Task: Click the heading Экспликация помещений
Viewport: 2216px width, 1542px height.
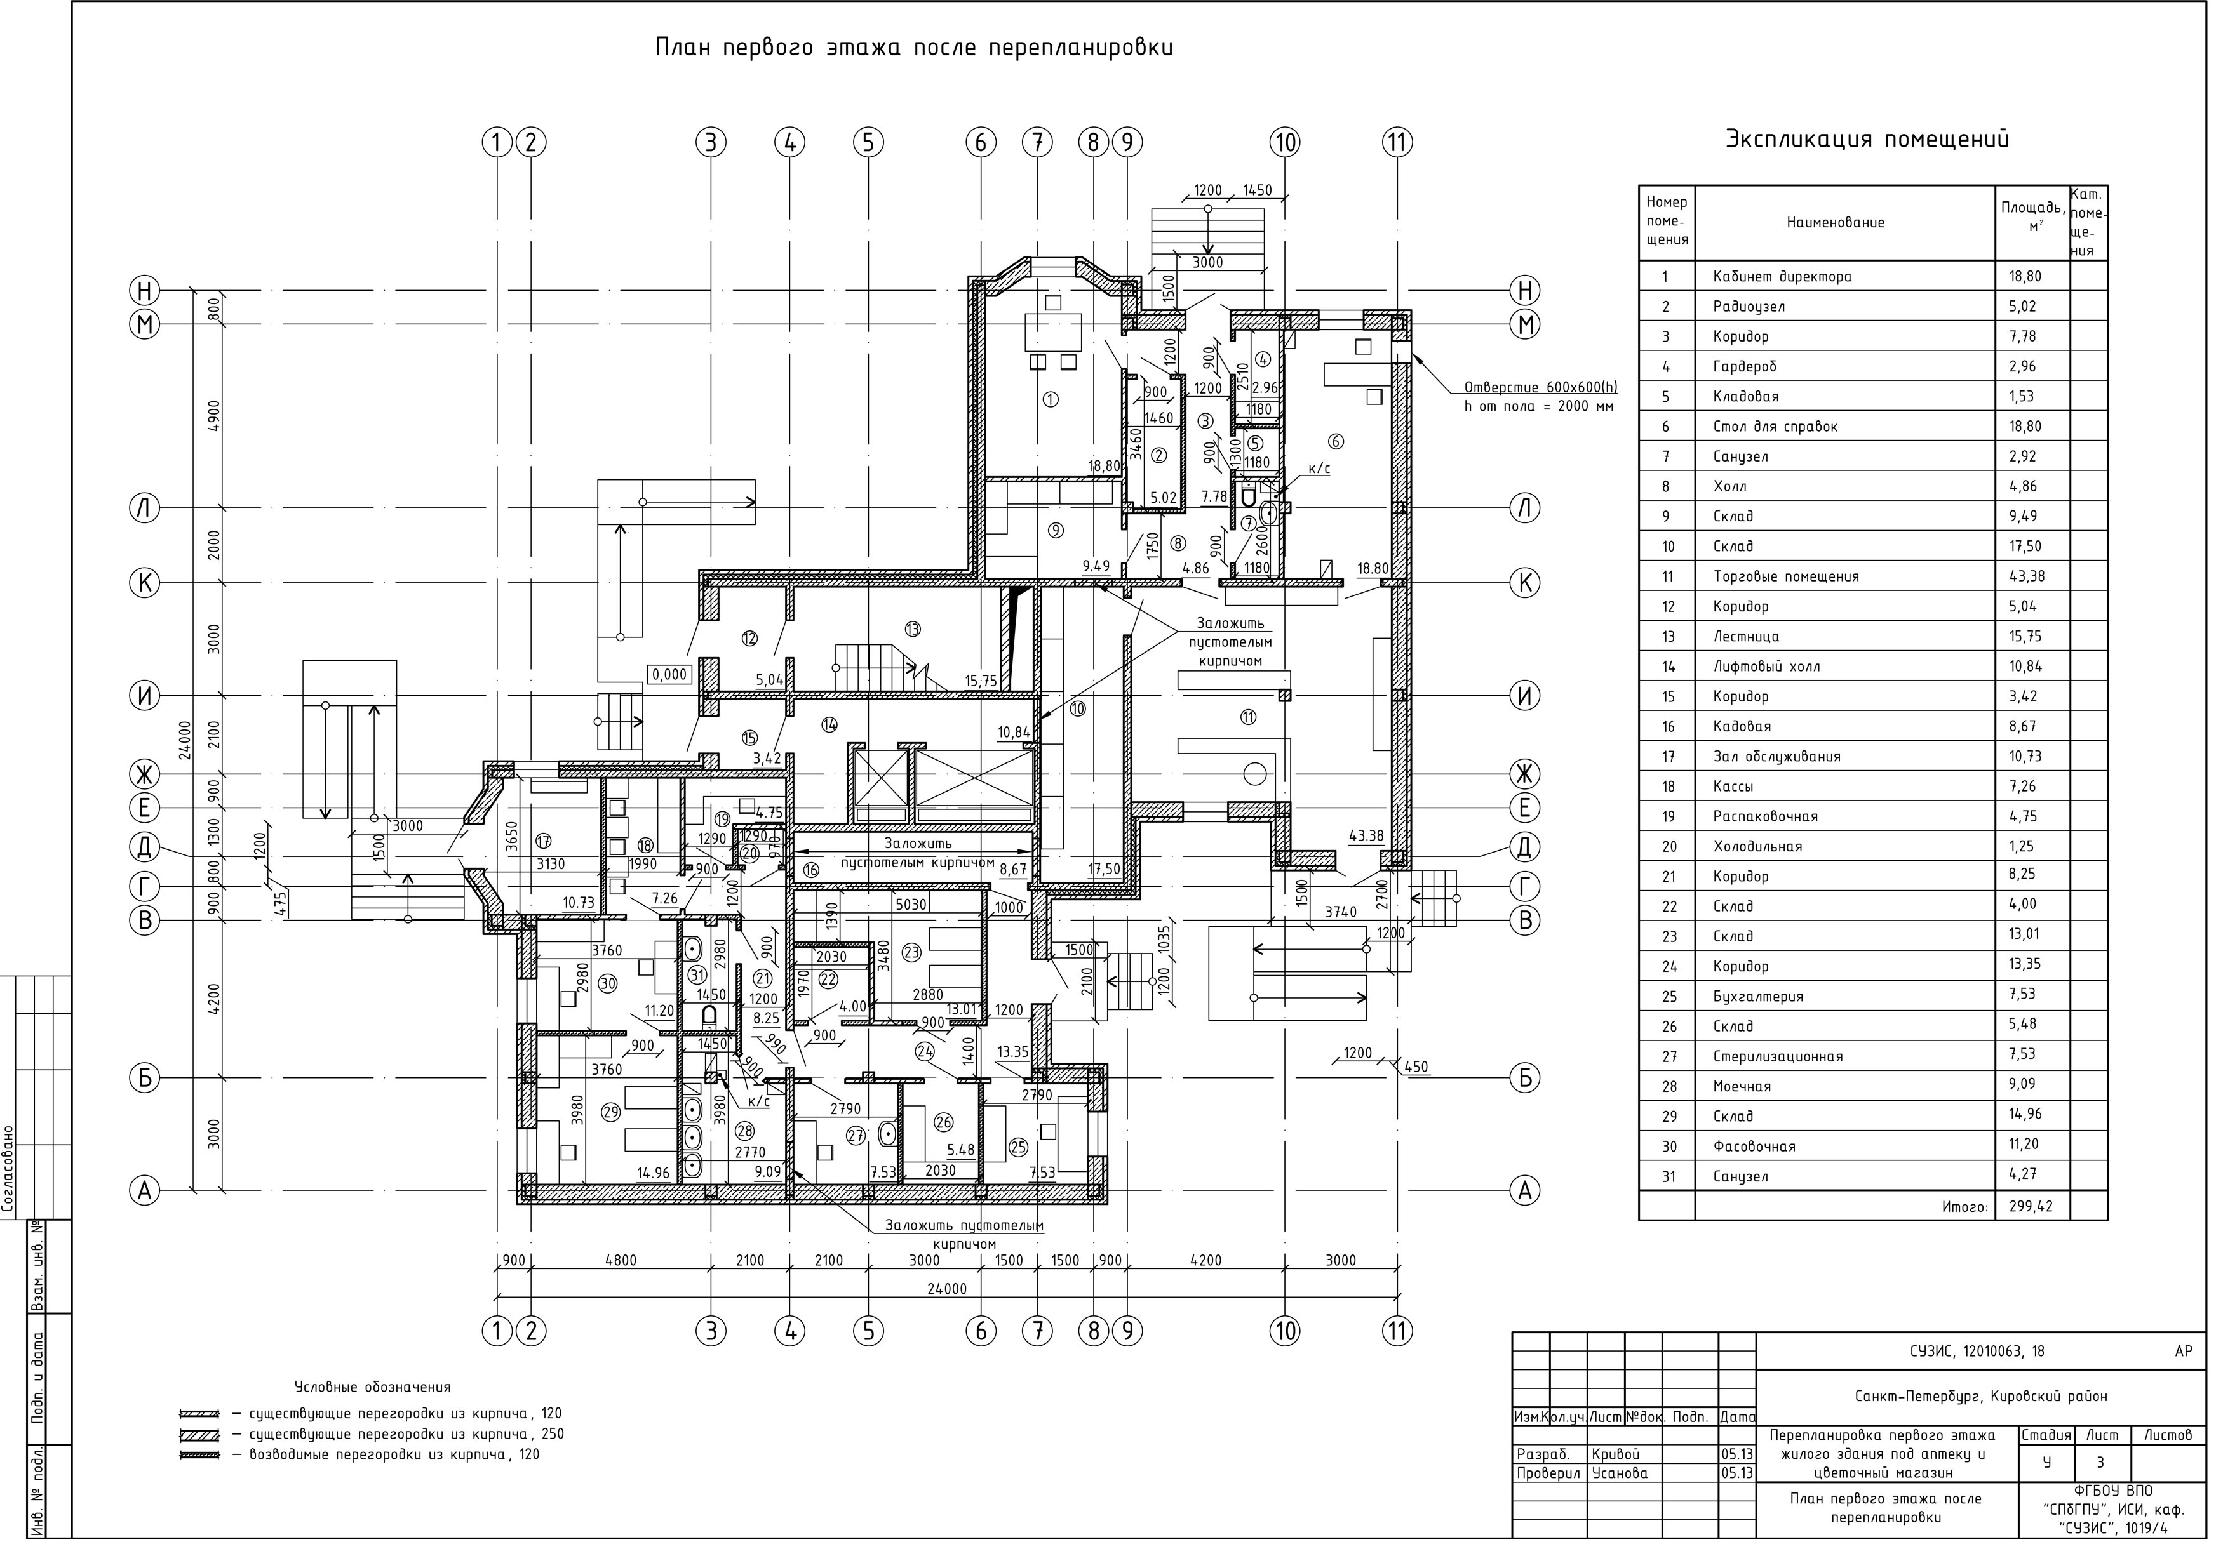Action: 1867,140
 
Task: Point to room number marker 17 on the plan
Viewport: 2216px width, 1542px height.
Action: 544,841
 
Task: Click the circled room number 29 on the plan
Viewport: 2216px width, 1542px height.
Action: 610,1113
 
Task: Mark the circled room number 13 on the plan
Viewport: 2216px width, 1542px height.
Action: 912,629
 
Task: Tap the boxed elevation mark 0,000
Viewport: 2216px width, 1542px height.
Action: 669,674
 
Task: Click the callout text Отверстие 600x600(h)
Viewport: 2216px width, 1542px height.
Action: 1540,388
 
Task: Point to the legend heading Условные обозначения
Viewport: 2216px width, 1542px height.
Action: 373,1388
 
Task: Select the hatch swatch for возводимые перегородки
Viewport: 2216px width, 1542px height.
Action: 200,1455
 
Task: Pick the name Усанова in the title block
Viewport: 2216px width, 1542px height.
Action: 1620,1473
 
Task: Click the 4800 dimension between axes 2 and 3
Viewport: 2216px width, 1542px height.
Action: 621,1260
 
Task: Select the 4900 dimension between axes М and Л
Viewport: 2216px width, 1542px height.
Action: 214,415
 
